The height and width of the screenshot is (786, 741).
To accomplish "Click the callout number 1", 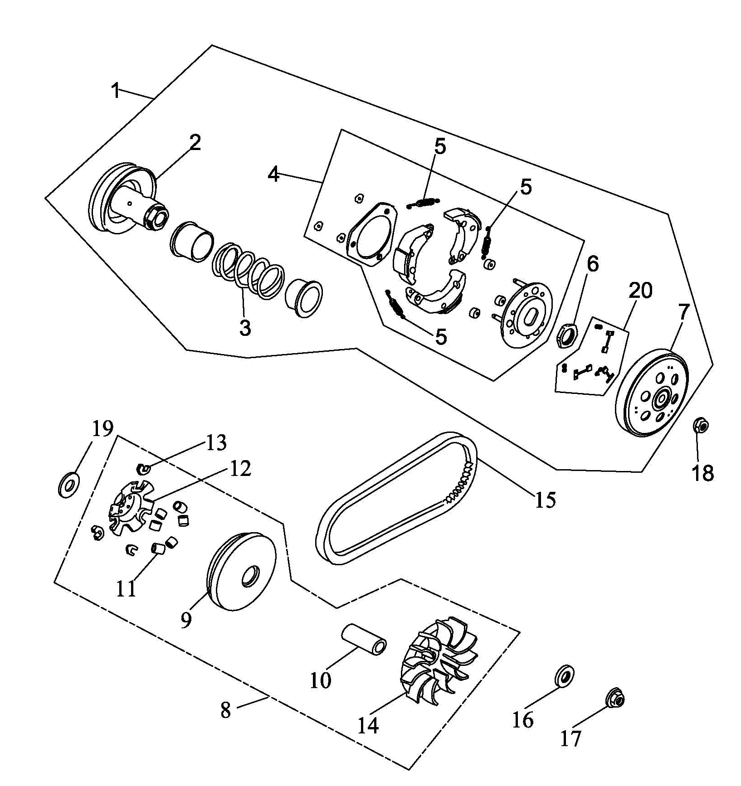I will [x=116, y=90].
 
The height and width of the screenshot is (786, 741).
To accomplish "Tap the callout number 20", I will [x=640, y=291].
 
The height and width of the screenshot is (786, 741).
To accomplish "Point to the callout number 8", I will [x=226, y=710].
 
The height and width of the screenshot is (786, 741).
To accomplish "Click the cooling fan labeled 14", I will [x=439, y=655].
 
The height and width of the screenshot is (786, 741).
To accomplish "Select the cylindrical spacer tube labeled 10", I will [x=364, y=640].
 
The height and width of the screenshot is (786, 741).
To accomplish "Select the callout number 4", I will [x=273, y=174].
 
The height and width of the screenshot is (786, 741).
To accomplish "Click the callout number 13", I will [x=216, y=442].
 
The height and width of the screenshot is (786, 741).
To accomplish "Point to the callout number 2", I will [x=195, y=143].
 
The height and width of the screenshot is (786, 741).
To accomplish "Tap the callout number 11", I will [x=126, y=588].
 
